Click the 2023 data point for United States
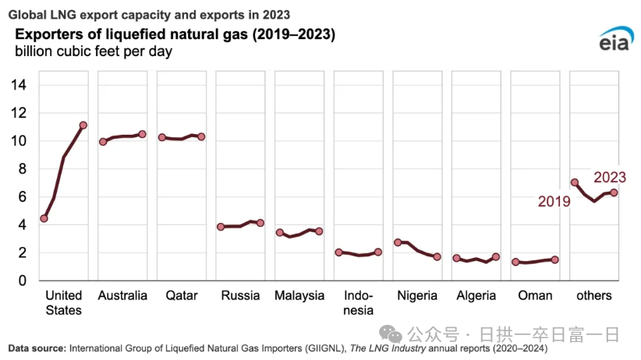click(83, 125)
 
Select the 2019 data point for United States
click(44, 218)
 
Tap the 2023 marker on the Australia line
click(143, 134)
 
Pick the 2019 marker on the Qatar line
click(162, 137)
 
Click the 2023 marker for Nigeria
click(437, 256)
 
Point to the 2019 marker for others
click(575, 182)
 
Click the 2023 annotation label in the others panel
click(610, 178)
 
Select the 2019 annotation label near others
click(554, 202)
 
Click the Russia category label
click(240, 296)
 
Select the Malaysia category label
click(299, 296)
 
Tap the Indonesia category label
click(359, 303)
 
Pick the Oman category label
click(535, 296)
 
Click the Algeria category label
click(476, 296)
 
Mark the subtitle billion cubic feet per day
click(93, 52)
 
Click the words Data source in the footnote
click(34, 348)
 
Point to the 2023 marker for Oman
click(555, 259)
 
